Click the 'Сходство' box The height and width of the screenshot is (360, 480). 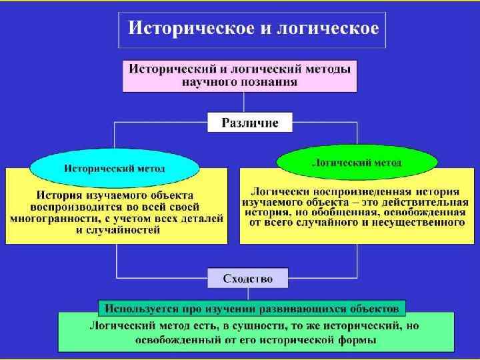click(x=247, y=278)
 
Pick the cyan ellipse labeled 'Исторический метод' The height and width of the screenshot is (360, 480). click(x=115, y=167)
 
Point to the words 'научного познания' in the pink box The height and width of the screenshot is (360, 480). click(x=240, y=83)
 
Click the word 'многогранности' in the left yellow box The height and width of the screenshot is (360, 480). click(x=55, y=219)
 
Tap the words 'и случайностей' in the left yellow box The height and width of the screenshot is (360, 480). click(x=117, y=230)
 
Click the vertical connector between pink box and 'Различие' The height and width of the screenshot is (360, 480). click(x=243, y=103)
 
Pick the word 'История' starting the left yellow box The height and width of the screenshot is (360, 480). click(x=60, y=196)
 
